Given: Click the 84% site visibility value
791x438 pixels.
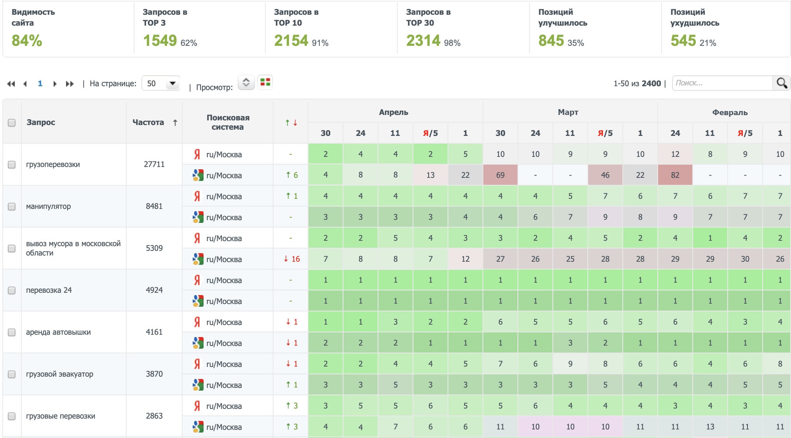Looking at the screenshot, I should [x=27, y=41].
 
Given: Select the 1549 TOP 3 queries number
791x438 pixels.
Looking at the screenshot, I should [x=160, y=41].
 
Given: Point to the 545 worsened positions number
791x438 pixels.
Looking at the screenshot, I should [x=683, y=41].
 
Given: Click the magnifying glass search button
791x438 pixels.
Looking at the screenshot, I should [x=782, y=83].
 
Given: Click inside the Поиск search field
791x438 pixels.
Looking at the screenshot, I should [x=722, y=83].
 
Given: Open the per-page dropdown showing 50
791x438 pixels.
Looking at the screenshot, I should [x=161, y=83].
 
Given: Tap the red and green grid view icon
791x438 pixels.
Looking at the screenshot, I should [x=265, y=82].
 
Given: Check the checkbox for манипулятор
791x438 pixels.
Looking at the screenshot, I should [x=12, y=207].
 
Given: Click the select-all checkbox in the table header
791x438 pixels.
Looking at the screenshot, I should [x=12, y=123].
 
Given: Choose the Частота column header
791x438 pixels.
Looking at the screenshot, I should [x=148, y=122].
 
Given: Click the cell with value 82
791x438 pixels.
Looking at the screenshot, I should [x=675, y=175].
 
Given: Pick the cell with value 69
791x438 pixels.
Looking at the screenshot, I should [x=500, y=175].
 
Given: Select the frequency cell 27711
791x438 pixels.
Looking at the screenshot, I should [x=154, y=164].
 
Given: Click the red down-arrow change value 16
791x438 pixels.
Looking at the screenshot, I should [x=292, y=259].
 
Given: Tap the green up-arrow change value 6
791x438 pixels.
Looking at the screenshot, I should [x=292, y=175].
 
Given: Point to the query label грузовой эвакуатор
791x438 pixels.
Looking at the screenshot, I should [x=59, y=374].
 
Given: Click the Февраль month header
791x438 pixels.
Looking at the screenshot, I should [x=730, y=113].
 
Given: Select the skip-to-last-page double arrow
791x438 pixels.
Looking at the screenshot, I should [x=70, y=84].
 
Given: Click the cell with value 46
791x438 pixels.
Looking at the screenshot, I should [x=605, y=175].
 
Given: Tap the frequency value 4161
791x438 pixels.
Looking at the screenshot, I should [x=154, y=332].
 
